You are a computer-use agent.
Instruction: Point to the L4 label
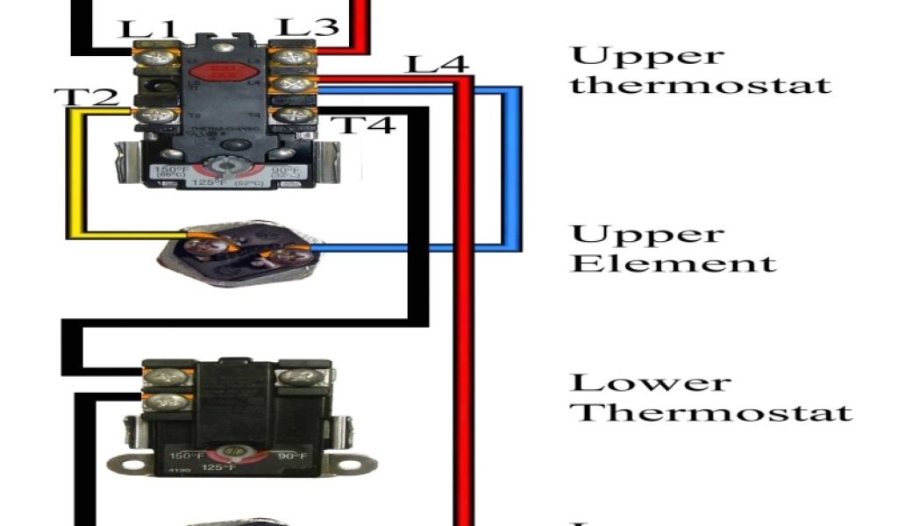(437, 64)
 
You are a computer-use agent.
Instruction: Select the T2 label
(86, 96)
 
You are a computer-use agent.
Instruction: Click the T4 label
(367, 124)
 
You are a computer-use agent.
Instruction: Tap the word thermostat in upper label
(700, 85)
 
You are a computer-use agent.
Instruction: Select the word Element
(673, 263)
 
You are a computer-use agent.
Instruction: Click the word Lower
(650, 383)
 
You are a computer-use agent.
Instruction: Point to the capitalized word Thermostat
(711, 412)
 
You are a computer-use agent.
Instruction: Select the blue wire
(511, 167)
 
